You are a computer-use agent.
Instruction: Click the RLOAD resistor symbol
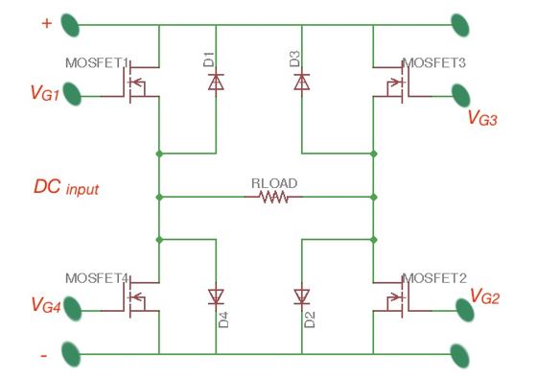273,198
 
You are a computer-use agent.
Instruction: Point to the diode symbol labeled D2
301,296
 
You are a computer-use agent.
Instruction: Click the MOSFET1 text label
97,63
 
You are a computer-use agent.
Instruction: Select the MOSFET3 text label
433,63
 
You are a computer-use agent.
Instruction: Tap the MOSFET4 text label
97,278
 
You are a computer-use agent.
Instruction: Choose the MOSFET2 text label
433,278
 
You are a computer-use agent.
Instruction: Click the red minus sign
44,356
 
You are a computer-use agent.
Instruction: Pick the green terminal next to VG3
461,95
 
